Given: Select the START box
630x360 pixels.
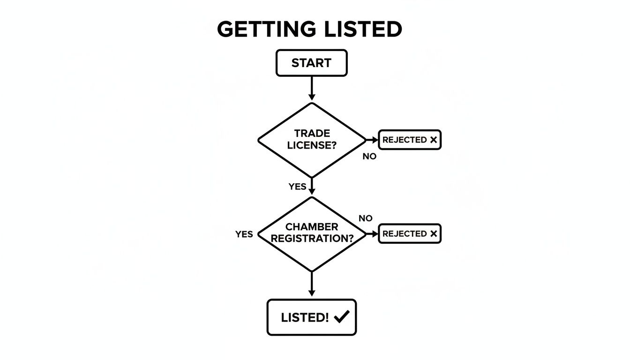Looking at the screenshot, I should click(x=311, y=63).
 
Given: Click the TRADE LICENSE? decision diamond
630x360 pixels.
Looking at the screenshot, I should click(x=311, y=140).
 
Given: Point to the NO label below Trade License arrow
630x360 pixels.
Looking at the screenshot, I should click(x=369, y=157).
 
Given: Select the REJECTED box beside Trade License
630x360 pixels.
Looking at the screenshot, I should click(x=409, y=140).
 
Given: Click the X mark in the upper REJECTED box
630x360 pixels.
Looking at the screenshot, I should click(x=433, y=140).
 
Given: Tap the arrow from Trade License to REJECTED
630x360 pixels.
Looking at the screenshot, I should click(x=372, y=140).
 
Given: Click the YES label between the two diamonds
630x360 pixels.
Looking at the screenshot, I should click(x=297, y=187).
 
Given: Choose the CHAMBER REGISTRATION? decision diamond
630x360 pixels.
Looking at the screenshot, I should click(x=311, y=233).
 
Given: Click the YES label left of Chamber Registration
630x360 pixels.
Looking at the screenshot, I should click(x=244, y=234).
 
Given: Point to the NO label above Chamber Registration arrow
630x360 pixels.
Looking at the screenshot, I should click(x=365, y=218).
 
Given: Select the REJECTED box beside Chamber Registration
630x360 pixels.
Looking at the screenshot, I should click(x=409, y=233).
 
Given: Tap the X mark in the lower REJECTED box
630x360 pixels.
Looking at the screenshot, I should click(x=433, y=233).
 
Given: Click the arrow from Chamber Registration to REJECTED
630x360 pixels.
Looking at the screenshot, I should click(x=372, y=233).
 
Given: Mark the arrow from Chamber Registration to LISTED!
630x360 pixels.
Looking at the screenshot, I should click(x=311, y=284).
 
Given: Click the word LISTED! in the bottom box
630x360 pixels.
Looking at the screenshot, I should click(x=305, y=317).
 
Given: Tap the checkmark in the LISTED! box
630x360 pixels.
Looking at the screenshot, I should click(x=342, y=317).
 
